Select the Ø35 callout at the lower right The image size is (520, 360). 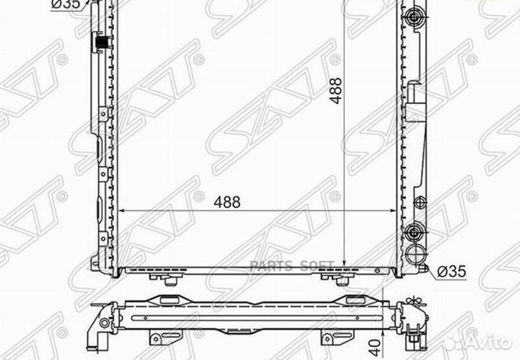pyautogui.click(x=449, y=271)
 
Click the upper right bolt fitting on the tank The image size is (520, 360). pyautogui.click(x=415, y=17)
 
